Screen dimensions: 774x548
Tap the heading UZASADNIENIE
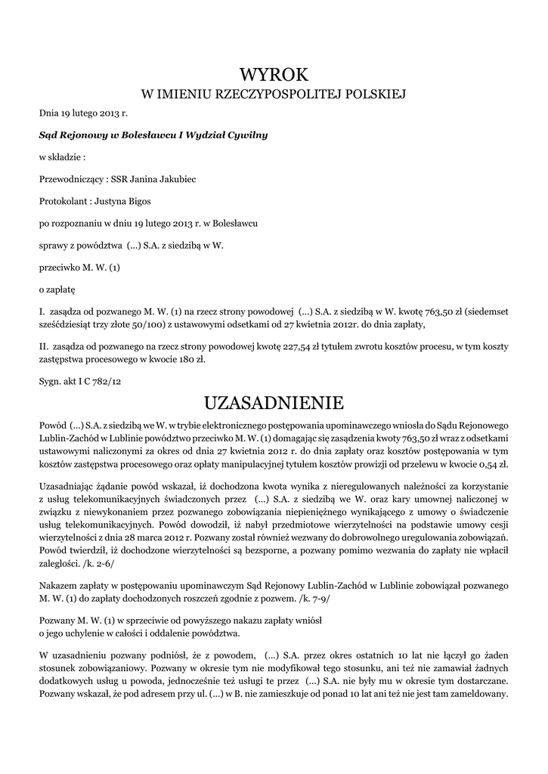274,400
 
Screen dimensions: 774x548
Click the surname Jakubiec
177,180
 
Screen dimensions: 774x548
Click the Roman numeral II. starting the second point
43,346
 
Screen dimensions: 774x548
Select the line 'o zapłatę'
57,289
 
